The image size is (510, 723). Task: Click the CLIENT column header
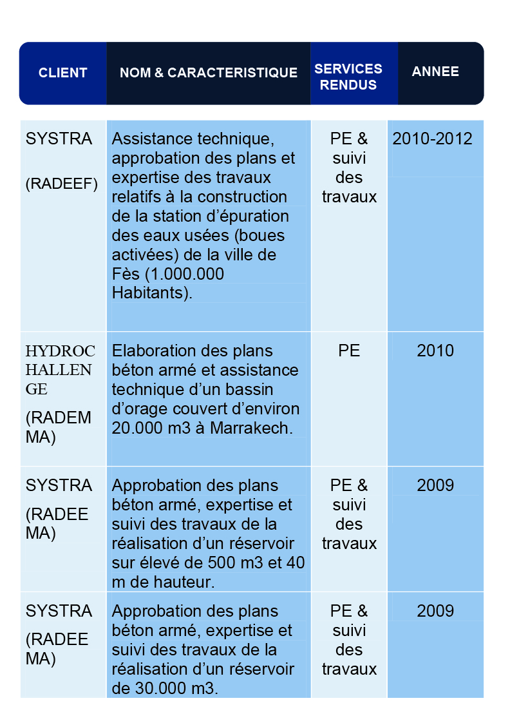click(x=62, y=73)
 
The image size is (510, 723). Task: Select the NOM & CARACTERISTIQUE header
click(x=209, y=73)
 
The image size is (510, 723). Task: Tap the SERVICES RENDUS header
click(x=348, y=77)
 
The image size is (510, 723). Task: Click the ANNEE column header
click(x=435, y=72)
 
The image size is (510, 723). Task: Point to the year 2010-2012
click(x=432, y=139)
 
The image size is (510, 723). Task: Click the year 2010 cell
click(x=435, y=351)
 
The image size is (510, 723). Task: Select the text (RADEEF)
click(x=62, y=184)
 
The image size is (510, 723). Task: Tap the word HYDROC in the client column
click(x=61, y=351)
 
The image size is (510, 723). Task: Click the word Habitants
click(x=151, y=293)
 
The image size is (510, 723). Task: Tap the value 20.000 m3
click(x=151, y=428)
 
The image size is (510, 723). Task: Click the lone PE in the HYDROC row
click(x=349, y=351)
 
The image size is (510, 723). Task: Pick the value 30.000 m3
click(x=165, y=688)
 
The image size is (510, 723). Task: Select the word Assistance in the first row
click(x=152, y=139)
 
